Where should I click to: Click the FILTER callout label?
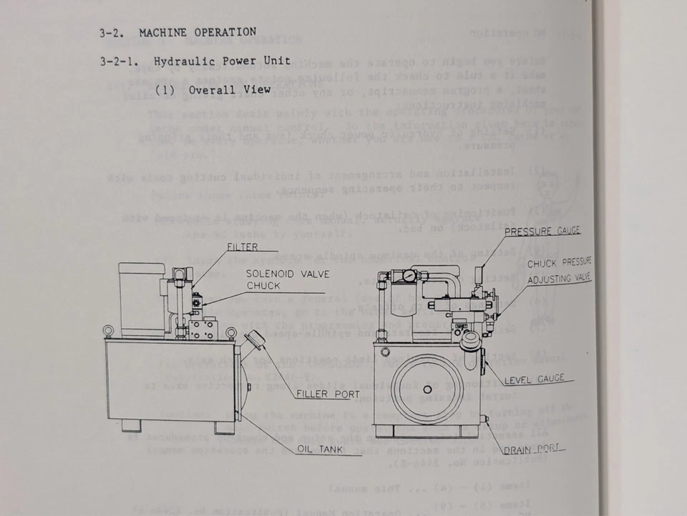[x=242, y=247]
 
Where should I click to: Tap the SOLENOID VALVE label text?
[x=278, y=273]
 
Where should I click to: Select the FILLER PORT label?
[x=328, y=395]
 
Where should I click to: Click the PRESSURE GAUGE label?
[x=542, y=231]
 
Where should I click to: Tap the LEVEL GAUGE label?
[x=534, y=379]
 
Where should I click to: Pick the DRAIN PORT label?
[x=530, y=450]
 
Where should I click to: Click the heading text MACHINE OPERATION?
[x=198, y=32]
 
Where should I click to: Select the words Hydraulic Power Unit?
[x=223, y=61]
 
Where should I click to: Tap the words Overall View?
[x=230, y=90]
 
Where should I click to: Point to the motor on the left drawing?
[x=142, y=298]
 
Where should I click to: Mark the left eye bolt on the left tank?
[x=108, y=331]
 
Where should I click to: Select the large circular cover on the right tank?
[x=427, y=389]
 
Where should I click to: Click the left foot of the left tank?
[x=132, y=425]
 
